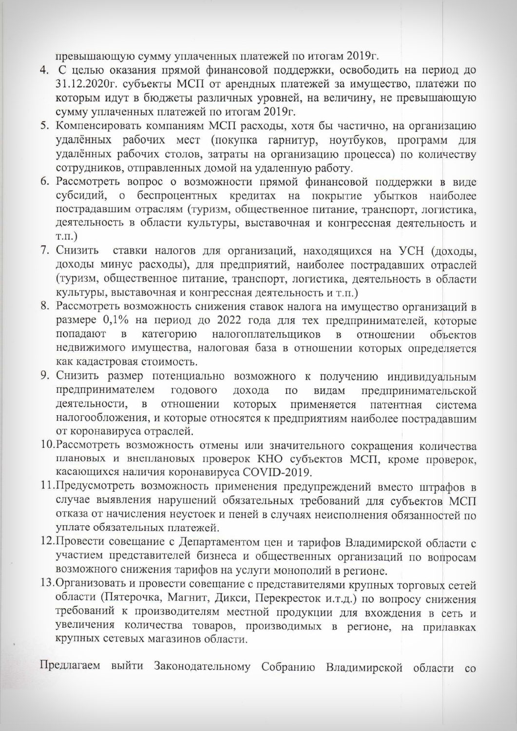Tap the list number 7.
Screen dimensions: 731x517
(x=43, y=251)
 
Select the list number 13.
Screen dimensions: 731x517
(x=46, y=586)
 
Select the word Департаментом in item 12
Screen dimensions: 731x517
(x=217, y=543)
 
